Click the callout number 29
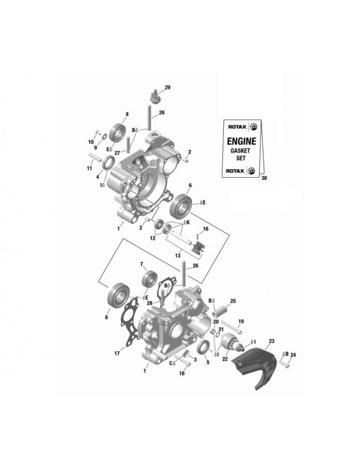pyautogui.click(x=168, y=87)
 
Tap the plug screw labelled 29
pyautogui.click(x=156, y=96)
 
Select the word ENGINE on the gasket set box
pyautogui.click(x=241, y=141)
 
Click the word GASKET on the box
pyautogui.click(x=240, y=150)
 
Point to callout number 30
pyautogui.click(x=264, y=178)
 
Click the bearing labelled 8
pyautogui.click(x=117, y=132)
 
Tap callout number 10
pyautogui.click(x=91, y=142)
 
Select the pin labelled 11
pyautogui.click(x=95, y=157)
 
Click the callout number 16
pyautogui.click(x=206, y=229)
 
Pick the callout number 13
pyautogui.click(x=178, y=256)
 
